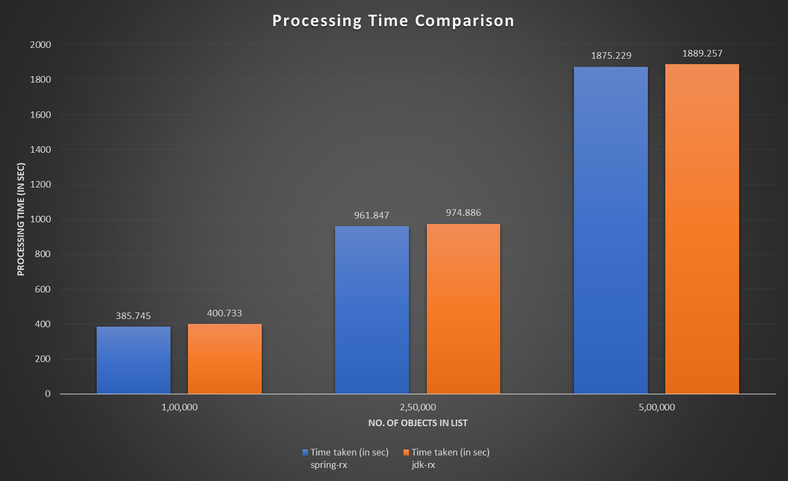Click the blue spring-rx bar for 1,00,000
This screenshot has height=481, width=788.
click(x=134, y=360)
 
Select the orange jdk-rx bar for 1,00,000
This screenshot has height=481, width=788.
click(x=225, y=359)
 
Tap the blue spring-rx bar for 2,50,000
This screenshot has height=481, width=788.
click(x=372, y=310)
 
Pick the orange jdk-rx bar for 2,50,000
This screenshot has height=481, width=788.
click(x=463, y=309)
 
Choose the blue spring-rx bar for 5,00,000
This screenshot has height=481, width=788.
click(x=611, y=230)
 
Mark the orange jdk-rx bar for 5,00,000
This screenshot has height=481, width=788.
click(x=702, y=229)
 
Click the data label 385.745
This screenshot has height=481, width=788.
click(x=133, y=316)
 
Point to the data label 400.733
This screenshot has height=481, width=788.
click(x=224, y=313)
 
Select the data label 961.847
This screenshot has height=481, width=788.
click(x=371, y=215)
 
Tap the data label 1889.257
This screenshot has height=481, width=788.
click(x=702, y=54)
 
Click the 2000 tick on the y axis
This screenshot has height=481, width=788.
click(x=41, y=45)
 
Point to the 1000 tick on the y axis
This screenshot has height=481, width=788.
click(x=41, y=220)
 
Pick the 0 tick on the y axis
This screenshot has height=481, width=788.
click(x=48, y=394)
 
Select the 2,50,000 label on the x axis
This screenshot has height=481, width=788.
click(x=418, y=407)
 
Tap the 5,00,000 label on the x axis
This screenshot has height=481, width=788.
click(x=657, y=407)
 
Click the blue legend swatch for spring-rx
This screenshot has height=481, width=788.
click(x=305, y=452)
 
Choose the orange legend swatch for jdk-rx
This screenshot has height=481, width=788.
click(x=406, y=452)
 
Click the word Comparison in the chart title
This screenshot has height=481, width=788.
click(x=464, y=21)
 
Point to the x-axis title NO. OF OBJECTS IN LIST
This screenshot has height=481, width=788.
click(x=418, y=423)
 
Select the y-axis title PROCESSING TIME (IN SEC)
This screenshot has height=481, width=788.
click(x=21, y=220)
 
